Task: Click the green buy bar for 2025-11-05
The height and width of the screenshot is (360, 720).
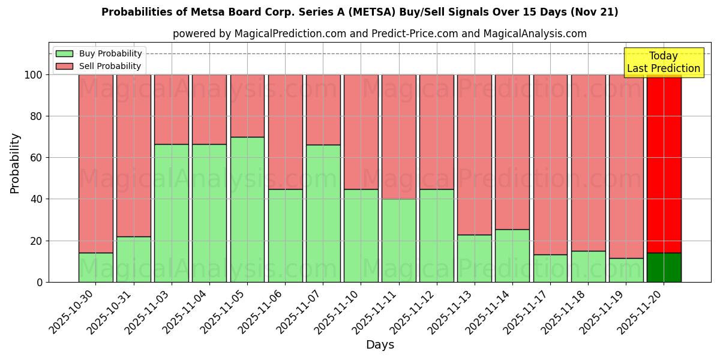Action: (x=247, y=209)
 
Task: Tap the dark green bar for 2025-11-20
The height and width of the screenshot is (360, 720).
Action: (x=664, y=267)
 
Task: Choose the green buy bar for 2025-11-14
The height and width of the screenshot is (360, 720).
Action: (x=512, y=255)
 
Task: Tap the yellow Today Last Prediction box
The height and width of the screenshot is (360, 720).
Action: (x=663, y=62)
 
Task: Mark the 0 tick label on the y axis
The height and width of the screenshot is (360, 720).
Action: (x=39, y=282)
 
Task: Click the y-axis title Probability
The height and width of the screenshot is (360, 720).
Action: (x=15, y=163)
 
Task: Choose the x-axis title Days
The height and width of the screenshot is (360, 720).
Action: (x=380, y=345)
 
